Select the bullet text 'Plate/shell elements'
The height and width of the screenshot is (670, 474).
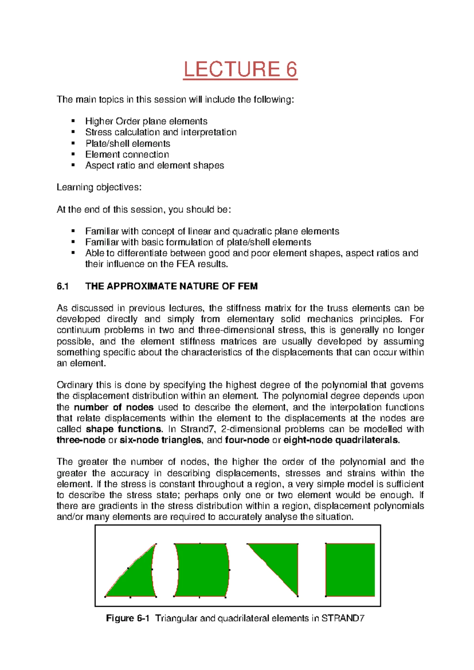point(128,143)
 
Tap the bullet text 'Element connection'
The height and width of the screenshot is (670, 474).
point(127,154)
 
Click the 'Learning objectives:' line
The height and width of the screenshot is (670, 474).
point(99,187)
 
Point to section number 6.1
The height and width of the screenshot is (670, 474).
point(63,286)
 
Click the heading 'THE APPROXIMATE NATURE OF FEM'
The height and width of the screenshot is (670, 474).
point(171,286)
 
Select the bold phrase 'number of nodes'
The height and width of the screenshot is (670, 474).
point(114,407)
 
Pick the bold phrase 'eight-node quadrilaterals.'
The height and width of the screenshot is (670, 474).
point(342,440)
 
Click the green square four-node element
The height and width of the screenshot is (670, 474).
point(350,570)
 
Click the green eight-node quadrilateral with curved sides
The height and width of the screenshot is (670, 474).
point(202,570)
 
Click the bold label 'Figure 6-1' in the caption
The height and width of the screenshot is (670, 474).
point(128,619)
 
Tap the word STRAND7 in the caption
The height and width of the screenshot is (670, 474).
point(343,619)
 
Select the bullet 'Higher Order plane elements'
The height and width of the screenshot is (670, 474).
point(146,121)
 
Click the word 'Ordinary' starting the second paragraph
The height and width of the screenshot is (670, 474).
point(73,385)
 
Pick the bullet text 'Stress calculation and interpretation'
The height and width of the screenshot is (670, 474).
point(161,132)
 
